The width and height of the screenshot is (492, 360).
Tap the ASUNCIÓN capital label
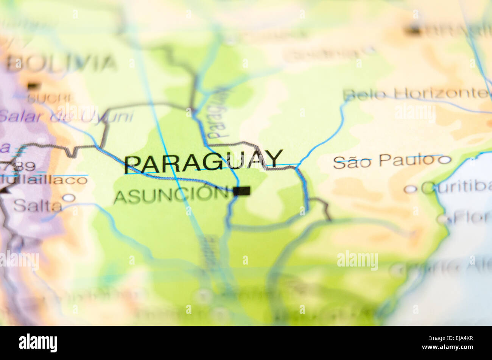coord(171,195)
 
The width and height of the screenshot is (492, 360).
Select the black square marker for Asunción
coord(241,191)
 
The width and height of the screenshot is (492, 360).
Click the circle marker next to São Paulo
coord(445,160)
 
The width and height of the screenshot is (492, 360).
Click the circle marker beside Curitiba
coord(410,189)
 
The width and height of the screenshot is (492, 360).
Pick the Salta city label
coord(38,206)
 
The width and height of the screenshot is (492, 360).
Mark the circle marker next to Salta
coord(69,198)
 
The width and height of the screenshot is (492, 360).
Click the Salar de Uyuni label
coord(66,117)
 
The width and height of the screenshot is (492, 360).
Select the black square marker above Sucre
coord(33,86)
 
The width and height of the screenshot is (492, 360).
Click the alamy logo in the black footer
coord(38,343)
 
